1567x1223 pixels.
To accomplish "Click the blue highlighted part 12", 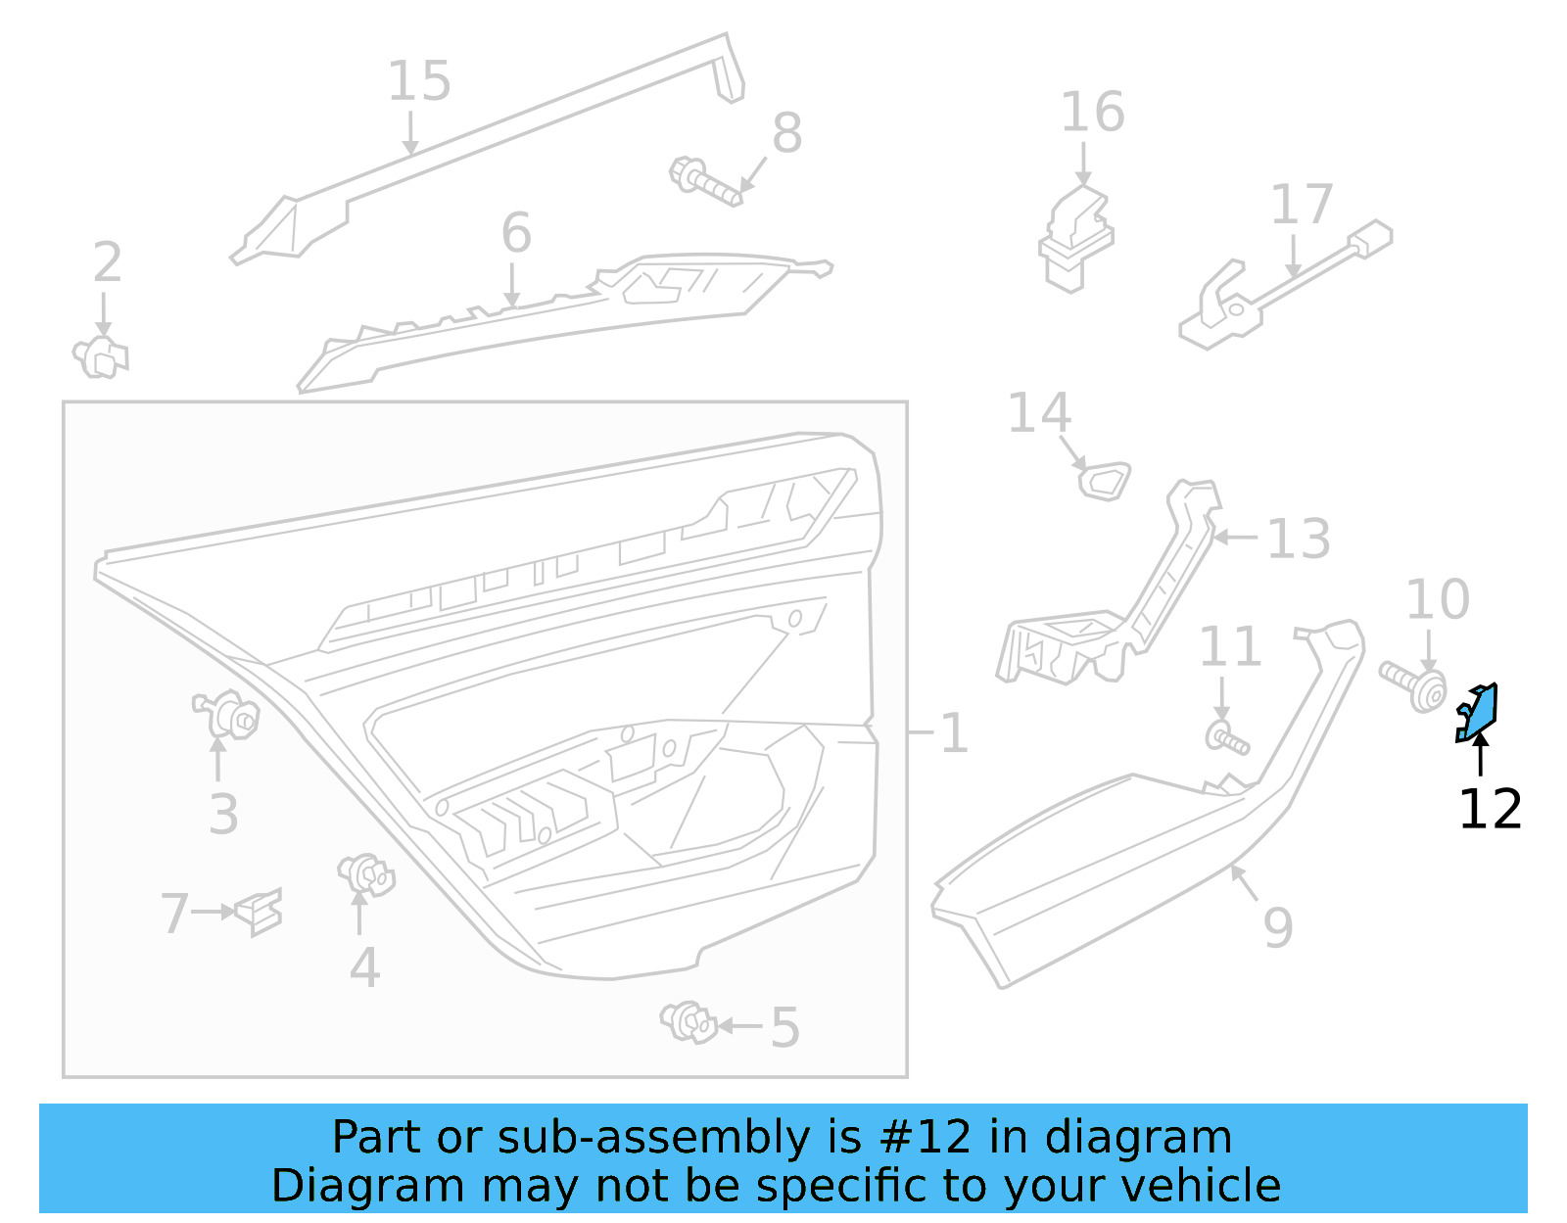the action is coord(1478,713).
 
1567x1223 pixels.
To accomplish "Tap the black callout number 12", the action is coord(1490,810).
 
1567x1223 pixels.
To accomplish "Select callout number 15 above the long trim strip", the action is coord(419,81).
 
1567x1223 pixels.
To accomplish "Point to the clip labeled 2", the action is coord(100,357).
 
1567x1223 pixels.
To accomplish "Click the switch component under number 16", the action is coord(1076,238).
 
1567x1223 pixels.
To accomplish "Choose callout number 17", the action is coord(1301,205).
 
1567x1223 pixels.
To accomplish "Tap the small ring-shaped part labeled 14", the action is coord(1104,481).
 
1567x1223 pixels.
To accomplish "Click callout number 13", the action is coord(1298,539).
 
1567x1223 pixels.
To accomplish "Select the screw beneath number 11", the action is coord(1226,737).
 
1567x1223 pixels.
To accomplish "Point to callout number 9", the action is coord(1278,926).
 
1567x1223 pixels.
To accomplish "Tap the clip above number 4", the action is coord(365,873).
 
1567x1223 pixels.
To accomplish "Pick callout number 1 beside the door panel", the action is coord(953,733).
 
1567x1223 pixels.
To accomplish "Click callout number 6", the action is coord(516,234).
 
